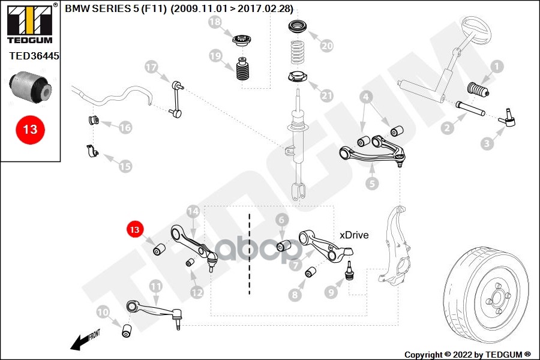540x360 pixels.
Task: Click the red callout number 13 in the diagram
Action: tap(134, 229)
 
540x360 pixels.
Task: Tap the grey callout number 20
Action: tap(326, 45)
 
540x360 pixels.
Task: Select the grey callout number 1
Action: tap(496, 67)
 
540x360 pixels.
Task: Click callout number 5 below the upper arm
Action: tap(373, 184)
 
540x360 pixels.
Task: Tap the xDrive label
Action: tap(354, 235)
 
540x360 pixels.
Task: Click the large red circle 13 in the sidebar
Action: tap(30, 129)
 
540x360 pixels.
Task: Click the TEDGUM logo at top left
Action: tap(29, 24)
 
